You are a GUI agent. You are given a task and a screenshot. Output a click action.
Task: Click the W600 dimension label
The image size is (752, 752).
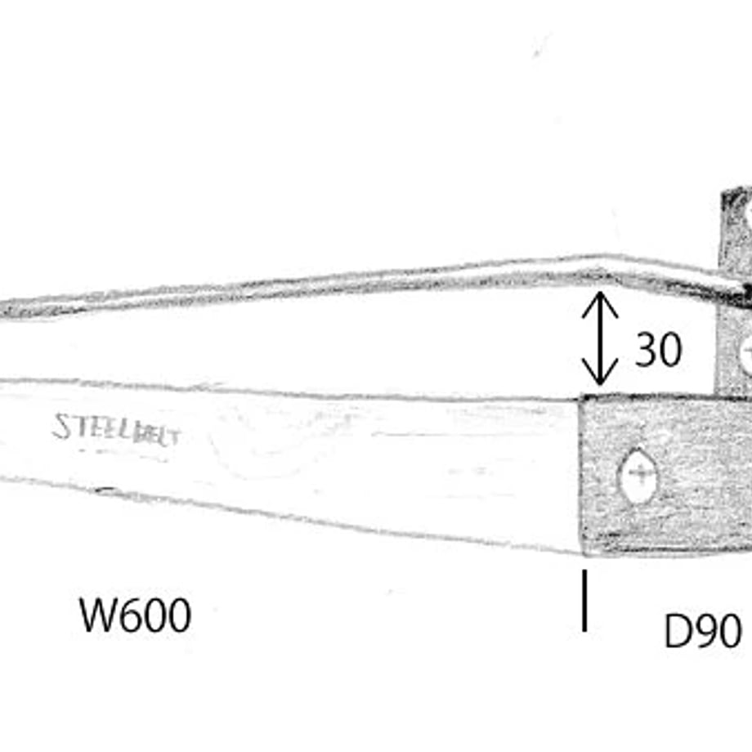pos(135,615)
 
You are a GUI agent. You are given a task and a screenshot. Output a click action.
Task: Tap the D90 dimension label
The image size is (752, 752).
pos(703,631)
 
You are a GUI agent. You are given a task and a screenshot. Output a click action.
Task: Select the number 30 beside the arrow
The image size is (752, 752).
pos(658,349)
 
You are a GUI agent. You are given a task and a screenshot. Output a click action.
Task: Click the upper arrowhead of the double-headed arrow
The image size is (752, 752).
pos(599,302)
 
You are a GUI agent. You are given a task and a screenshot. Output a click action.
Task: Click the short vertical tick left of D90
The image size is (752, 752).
pos(584,601)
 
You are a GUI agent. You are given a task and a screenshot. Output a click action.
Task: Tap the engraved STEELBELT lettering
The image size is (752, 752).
pos(117,430)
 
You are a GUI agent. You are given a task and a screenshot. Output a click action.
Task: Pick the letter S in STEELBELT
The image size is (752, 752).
pos(61,426)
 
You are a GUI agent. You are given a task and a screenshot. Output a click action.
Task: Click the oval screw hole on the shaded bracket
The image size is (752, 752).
pos(638,476)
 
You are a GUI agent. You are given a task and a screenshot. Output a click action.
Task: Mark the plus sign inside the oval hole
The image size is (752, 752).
pos(639,474)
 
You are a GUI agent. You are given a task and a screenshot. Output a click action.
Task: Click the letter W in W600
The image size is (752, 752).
pos(98,615)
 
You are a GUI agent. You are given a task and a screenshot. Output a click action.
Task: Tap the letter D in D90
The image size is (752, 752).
pos(677,631)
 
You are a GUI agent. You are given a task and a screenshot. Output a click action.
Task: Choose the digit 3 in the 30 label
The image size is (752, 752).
pos(646,349)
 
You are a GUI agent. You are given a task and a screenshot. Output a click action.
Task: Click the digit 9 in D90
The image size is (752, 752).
pos(704,631)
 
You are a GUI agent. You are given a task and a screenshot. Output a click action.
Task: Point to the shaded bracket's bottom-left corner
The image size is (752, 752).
pos(582,554)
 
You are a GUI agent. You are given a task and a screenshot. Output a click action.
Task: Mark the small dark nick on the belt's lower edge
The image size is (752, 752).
pos(106,490)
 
